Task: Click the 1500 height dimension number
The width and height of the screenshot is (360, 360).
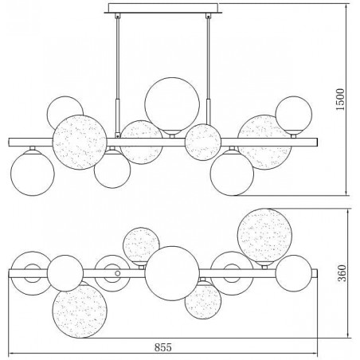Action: click(340, 100)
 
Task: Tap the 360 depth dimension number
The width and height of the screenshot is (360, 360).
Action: click(342, 273)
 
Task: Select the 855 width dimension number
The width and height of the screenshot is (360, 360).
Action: click(163, 347)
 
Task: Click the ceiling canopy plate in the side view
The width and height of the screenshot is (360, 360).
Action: click(163, 8)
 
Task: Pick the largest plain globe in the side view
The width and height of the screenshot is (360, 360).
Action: click(172, 104)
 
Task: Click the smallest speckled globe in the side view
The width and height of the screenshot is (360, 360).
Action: click(203, 142)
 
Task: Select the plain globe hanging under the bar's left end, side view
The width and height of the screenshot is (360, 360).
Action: click(33, 174)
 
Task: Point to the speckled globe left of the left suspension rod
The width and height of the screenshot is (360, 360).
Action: click(80, 142)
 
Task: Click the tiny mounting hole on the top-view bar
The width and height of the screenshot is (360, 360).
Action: click(118, 273)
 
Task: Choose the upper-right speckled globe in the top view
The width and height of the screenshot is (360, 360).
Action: click(264, 236)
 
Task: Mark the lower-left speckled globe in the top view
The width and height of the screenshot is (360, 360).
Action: click(80, 311)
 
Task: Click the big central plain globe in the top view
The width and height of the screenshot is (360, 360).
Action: click(172, 273)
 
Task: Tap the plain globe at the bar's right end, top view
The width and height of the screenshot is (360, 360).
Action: click(294, 273)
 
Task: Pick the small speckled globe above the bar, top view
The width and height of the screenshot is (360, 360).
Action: click(141, 245)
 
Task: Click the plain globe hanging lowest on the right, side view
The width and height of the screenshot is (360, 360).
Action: click(232, 174)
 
